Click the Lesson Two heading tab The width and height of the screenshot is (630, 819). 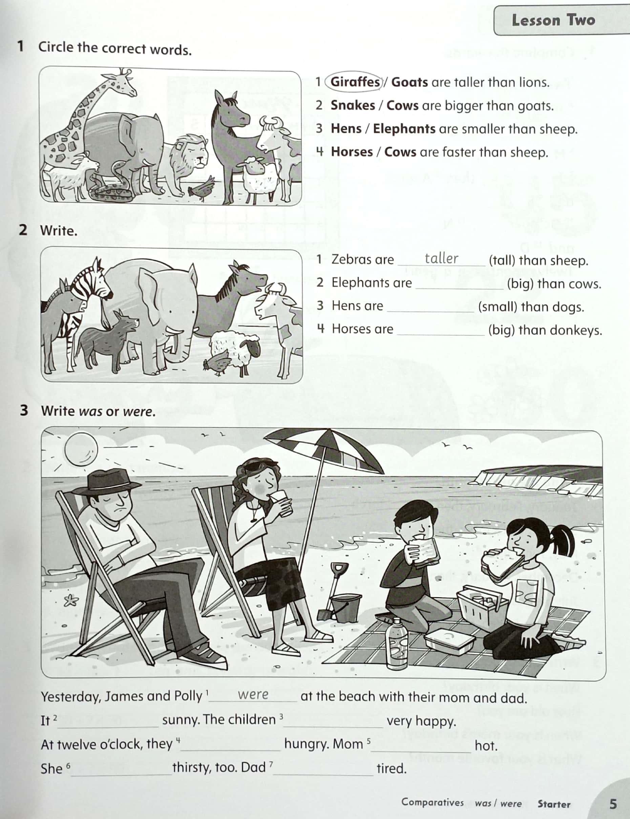click(553, 21)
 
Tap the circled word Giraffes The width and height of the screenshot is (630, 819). click(355, 82)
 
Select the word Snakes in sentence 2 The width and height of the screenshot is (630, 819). click(352, 105)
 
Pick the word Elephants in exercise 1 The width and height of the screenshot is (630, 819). click(404, 128)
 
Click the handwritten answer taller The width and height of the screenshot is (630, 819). click(441, 258)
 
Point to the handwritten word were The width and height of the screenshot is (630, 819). click(253, 694)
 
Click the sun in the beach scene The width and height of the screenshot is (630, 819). click(81, 449)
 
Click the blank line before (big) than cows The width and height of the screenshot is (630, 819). click(460, 284)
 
